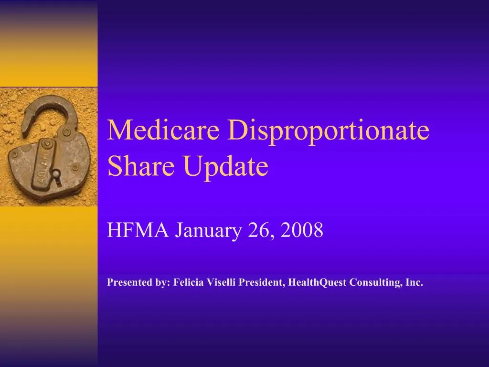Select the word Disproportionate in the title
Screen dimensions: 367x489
click(328, 130)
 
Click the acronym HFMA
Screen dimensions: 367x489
click(138, 231)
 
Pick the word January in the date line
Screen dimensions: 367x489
click(208, 231)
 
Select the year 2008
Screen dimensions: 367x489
click(302, 231)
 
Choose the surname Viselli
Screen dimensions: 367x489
click(223, 282)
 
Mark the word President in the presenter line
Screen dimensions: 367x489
click(261, 282)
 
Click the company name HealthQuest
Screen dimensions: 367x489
click(318, 282)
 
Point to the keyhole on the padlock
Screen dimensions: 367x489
click(56, 176)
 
